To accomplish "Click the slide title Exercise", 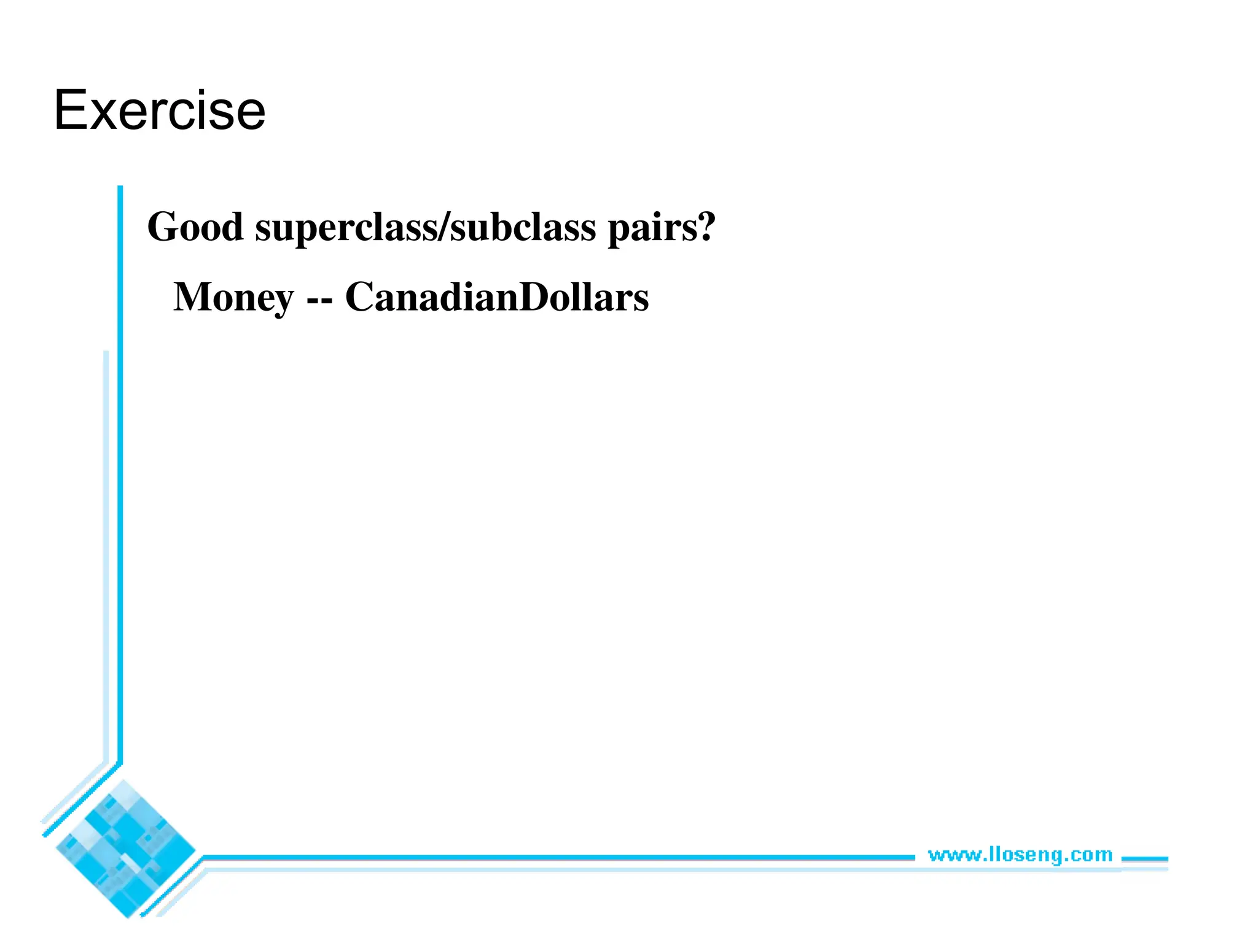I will coord(160,111).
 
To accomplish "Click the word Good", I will coord(195,227).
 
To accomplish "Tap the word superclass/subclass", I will coord(425,227).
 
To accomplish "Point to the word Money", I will coord(233,298).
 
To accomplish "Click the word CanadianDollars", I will coord(497,297).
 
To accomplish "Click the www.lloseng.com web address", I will coord(1020,855).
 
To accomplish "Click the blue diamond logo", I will coord(125,849).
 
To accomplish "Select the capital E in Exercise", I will coord(69,111).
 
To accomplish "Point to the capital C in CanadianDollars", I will coord(362,297).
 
